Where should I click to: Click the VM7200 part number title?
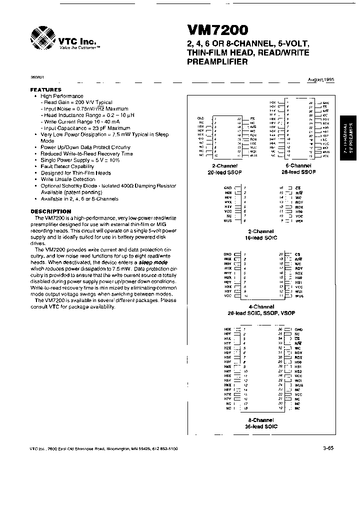[x=218, y=32]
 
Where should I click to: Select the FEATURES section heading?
[x=46, y=90]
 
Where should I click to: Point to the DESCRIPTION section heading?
[x=51, y=211]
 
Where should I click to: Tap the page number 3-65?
[x=328, y=449]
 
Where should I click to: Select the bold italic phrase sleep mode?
[x=153, y=262]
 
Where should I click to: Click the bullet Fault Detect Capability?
[x=67, y=166]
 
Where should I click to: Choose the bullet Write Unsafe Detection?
[x=68, y=179]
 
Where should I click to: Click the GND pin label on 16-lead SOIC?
[x=227, y=187]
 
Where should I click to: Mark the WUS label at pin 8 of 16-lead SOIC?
[x=227, y=220]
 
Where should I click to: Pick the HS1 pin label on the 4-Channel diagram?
[x=299, y=282]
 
